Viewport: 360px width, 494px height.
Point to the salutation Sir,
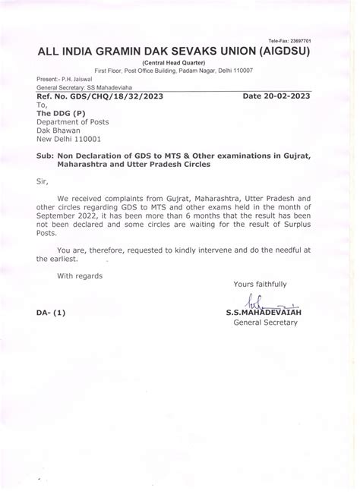[44, 181]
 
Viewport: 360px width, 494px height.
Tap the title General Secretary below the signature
[265, 323]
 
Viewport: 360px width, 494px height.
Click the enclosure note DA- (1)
[50, 312]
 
